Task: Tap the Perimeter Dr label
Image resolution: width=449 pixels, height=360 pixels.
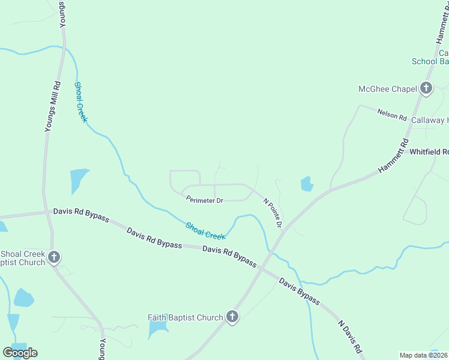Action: point(204,200)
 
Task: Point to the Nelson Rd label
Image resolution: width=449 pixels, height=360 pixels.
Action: point(392,114)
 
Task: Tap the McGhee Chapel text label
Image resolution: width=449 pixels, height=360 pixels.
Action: point(387,89)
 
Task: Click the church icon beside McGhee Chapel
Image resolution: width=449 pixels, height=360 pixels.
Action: point(426,89)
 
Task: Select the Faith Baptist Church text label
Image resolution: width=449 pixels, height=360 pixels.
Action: point(185,317)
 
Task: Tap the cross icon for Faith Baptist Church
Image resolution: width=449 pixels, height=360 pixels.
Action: point(232,317)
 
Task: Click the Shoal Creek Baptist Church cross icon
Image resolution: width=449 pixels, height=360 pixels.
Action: point(54,258)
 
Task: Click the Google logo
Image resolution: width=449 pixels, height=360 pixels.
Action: point(20,353)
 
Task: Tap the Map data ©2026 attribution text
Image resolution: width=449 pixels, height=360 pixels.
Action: point(424,355)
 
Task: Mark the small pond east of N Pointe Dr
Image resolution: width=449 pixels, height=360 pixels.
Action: point(307,184)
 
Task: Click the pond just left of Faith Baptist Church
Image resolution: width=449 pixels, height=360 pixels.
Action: point(158,328)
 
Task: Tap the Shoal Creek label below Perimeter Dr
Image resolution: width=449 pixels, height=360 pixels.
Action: point(205,230)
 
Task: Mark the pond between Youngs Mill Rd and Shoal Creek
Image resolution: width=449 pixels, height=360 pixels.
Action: point(78,180)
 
